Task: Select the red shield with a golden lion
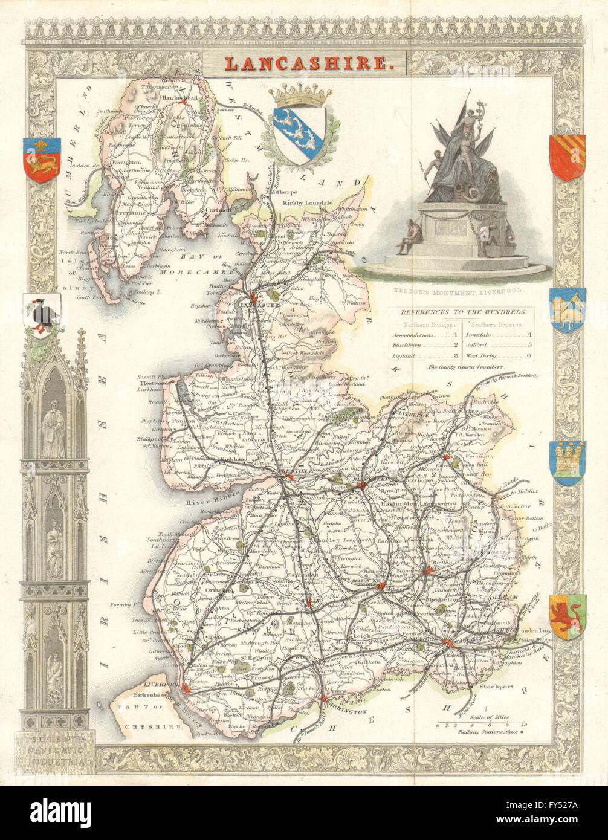tap(42, 158)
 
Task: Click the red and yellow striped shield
tap(566, 157)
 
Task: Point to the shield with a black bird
tap(42, 315)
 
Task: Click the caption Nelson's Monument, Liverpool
tap(459, 290)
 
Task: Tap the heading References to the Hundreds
tap(463, 312)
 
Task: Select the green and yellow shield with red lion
tap(567, 616)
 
